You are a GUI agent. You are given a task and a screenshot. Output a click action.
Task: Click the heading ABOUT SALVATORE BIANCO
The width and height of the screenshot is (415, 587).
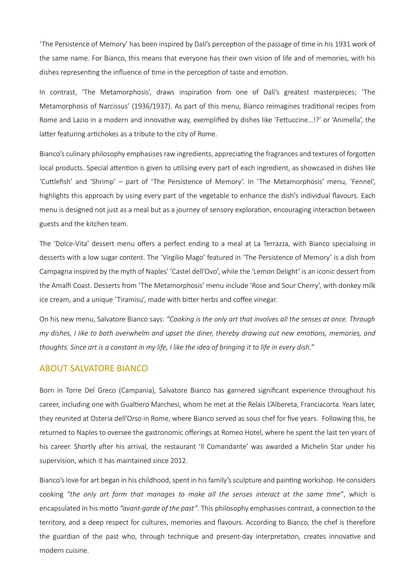coord(94,369)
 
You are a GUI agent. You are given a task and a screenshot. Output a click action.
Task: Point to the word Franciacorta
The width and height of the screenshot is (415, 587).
coord(320,405)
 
